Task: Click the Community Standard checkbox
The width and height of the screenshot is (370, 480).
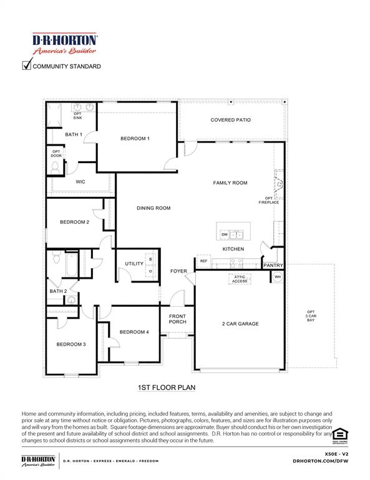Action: tap(26, 65)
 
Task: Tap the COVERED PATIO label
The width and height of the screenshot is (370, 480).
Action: tap(230, 119)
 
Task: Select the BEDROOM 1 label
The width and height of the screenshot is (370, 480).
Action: tap(135, 138)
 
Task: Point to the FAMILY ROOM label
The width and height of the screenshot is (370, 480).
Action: tap(230, 183)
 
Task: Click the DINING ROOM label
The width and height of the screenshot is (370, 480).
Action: tap(153, 208)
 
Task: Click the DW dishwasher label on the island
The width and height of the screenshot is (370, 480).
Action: tap(224, 235)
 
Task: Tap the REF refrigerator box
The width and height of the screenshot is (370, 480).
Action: tap(203, 261)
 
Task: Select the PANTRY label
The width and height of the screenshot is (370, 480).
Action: tap(273, 266)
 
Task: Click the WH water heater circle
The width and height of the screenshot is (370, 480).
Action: tap(278, 276)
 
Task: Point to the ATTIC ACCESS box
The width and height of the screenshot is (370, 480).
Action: tap(240, 279)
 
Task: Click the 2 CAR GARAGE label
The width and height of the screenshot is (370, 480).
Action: tap(240, 324)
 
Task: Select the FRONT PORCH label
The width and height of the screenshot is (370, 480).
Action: tap(177, 319)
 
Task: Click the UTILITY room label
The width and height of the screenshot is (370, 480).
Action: tap(134, 264)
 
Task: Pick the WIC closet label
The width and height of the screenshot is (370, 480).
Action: tap(80, 182)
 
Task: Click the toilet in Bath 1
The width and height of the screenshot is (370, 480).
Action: tap(55, 167)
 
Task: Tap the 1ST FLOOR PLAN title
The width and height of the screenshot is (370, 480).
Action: tap(167, 387)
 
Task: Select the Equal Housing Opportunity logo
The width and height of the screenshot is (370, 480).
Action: tap(339, 435)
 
